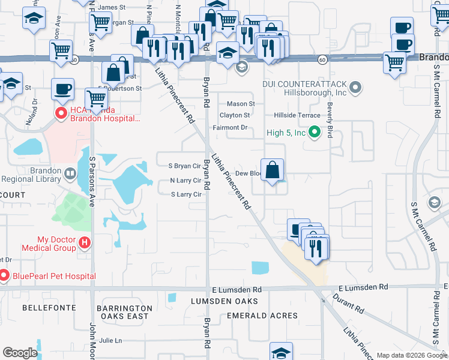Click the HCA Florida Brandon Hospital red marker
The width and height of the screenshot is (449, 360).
61,113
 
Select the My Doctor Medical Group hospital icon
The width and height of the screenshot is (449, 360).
85,242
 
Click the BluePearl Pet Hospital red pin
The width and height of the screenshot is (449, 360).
4,276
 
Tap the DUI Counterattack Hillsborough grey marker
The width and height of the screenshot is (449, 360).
355,89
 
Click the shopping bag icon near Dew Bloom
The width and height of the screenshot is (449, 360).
273,170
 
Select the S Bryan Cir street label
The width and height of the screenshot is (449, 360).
184,166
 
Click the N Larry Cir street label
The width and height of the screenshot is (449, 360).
185,180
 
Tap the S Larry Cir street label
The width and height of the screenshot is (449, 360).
186,194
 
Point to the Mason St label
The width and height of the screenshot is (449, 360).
241,104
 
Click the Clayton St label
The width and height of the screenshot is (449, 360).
235,115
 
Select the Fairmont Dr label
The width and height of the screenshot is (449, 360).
230,128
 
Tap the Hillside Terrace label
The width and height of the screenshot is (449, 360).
296,115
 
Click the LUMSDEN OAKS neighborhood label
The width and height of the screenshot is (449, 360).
224,301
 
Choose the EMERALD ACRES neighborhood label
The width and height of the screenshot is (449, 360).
262,316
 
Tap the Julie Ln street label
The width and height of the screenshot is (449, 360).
110,340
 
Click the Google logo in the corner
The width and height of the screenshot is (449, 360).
20,353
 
